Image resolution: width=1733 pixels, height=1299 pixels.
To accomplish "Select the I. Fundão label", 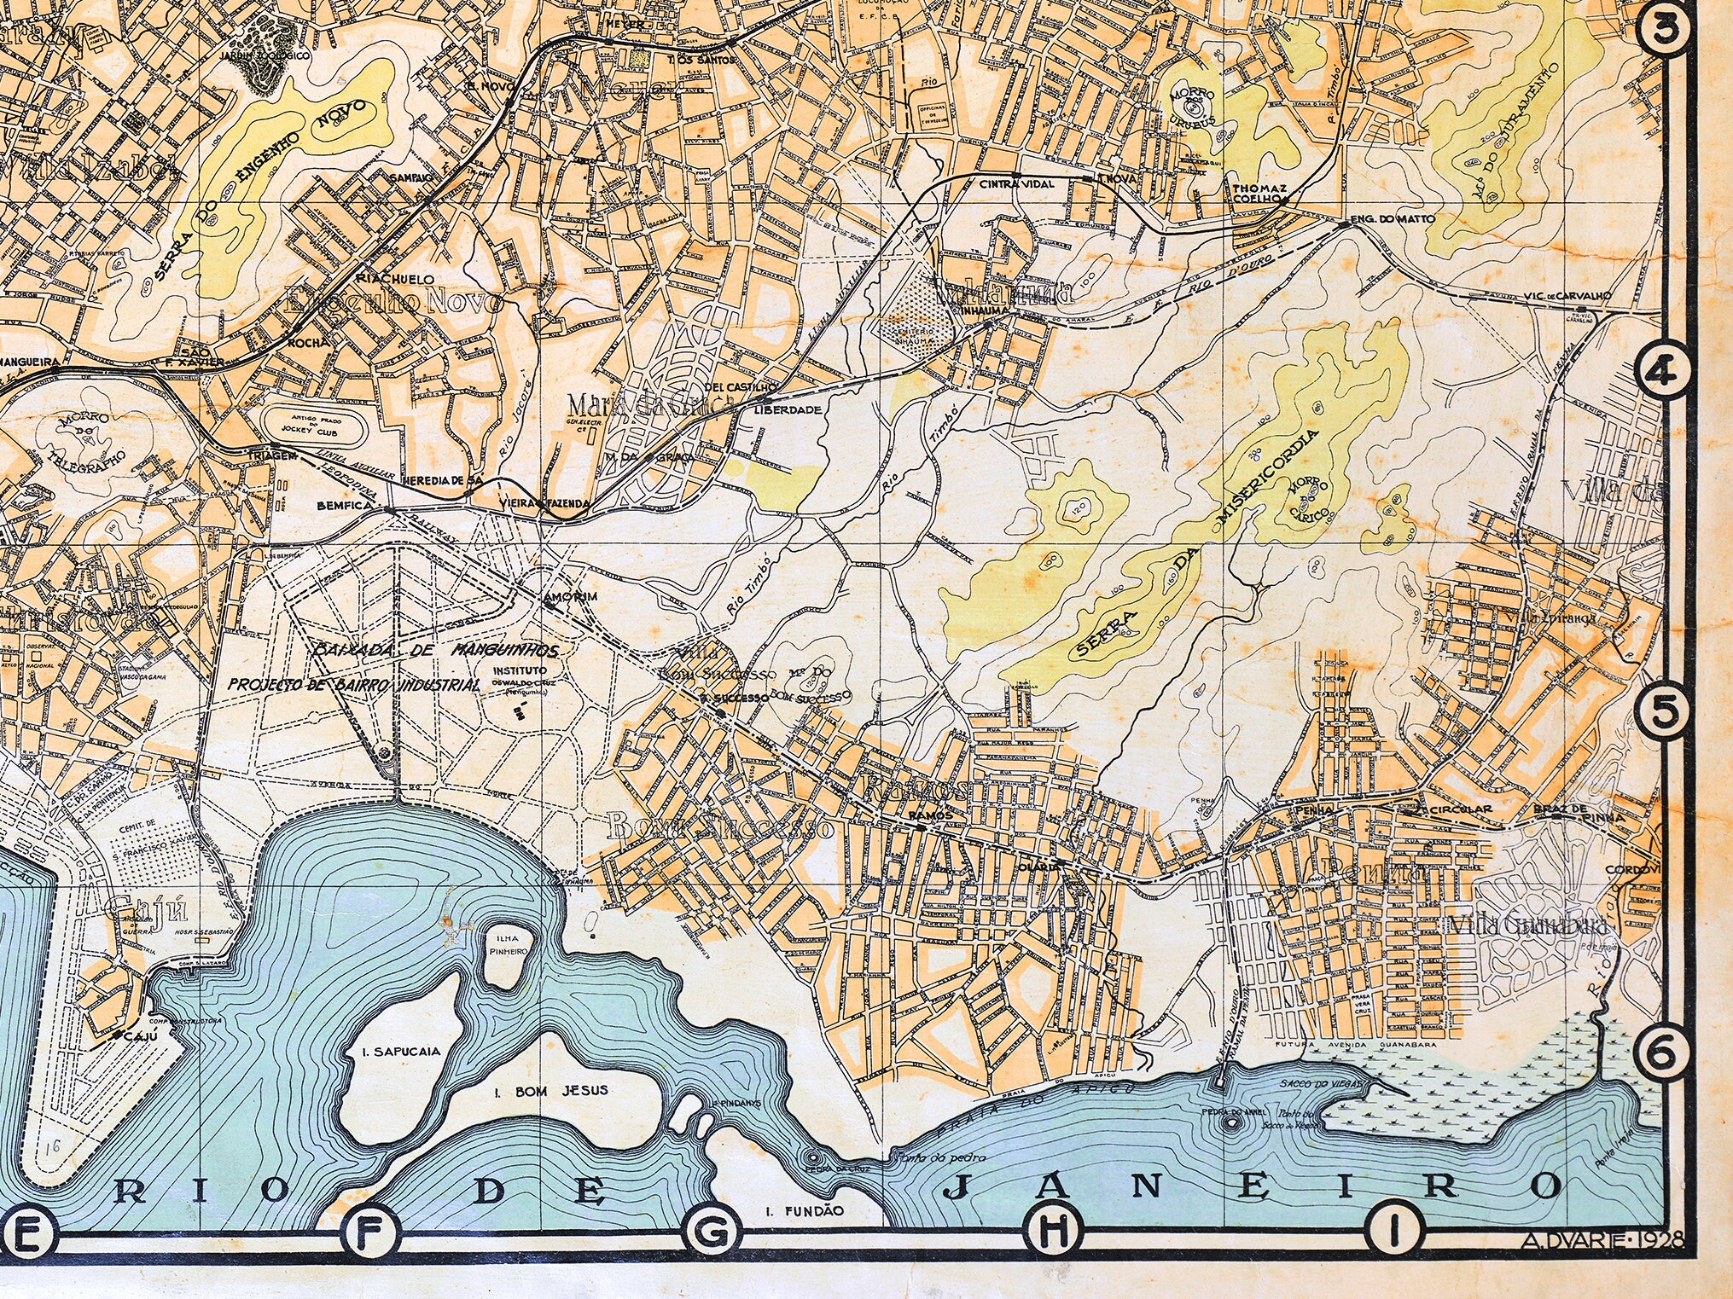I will (x=803, y=1210).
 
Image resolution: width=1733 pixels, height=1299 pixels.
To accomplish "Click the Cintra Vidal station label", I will (x=1016, y=183).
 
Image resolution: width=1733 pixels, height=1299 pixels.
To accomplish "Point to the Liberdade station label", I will (x=788, y=409).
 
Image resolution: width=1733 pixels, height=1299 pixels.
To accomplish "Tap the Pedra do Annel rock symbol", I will (x=1230, y=1123).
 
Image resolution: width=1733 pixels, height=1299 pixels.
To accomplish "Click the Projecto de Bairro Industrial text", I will (x=352, y=684).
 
